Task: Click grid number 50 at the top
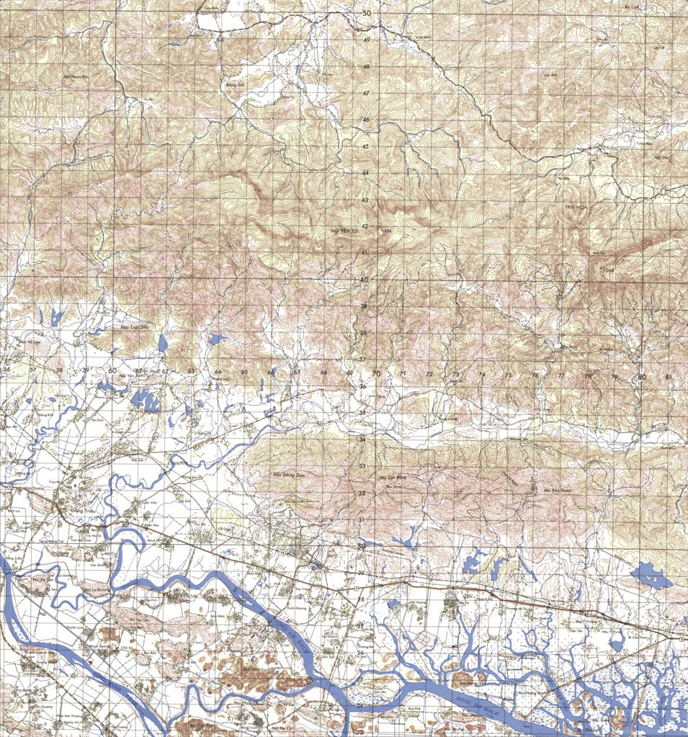[366, 14]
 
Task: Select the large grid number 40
[365, 280]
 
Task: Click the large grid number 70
[376, 373]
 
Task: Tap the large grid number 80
[641, 377]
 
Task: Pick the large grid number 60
[112, 370]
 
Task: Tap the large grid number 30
[361, 546]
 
